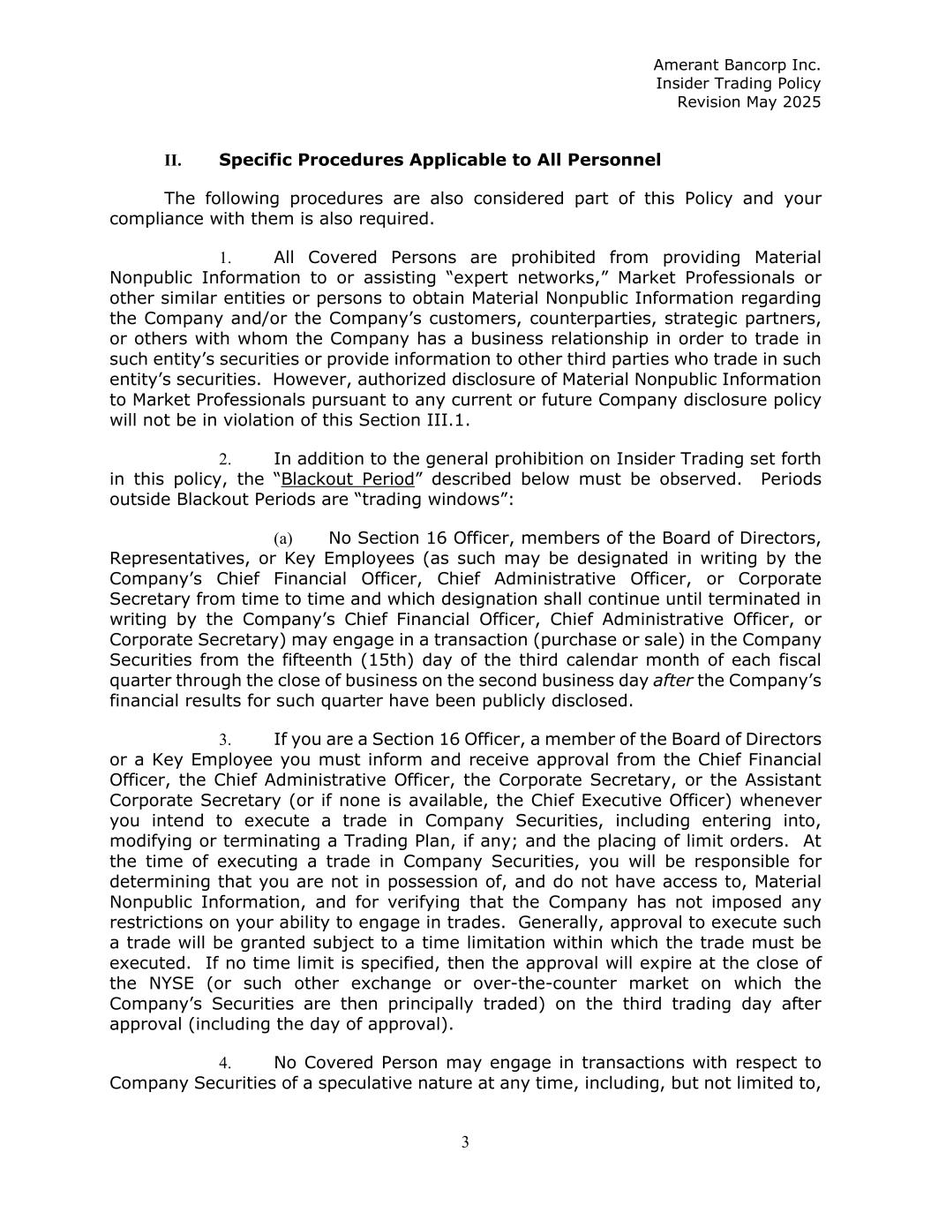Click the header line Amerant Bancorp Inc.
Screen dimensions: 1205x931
click(x=736, y=65)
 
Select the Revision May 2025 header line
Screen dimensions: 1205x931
click(x=748, y=102)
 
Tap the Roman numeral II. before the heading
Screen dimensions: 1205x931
click(x=172, y=161)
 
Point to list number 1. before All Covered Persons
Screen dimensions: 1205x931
click(x=225, y=258)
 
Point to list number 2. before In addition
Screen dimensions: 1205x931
click(x=225, y=460)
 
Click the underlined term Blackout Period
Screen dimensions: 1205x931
click(x=347, y=479)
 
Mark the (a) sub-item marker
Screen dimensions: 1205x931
click(x=282, y=539)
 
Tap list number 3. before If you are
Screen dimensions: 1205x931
click(x=225, y=740)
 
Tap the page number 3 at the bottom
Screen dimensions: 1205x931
click(x=465, y=1143)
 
